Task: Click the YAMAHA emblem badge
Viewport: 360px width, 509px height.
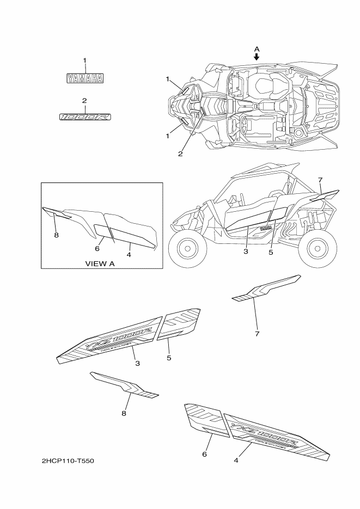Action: [x=85, y=78]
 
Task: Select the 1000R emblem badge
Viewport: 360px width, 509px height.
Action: [x=84, y=116]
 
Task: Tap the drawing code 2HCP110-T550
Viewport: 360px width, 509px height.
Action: [x=68, y=461]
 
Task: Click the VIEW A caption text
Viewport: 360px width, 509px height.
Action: [x=100, y=263]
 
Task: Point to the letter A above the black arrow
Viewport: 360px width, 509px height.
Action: [x=257, y=49]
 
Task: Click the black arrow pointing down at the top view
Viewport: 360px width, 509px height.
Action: [x=257, y=57]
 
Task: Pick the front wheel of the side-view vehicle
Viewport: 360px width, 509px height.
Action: [x=188, y=248]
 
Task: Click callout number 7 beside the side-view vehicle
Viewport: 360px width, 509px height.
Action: [x=320, y=180]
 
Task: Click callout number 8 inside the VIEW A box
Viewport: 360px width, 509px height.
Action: [x=56, y=235]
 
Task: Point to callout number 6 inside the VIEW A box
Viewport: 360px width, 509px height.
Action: [x=97, y=248]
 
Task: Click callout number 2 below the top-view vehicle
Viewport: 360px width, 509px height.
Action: [x=180, y=154]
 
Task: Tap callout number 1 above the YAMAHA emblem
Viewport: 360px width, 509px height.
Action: [x=84, y=60]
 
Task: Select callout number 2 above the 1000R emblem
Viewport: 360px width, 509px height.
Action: [x=84, y=101]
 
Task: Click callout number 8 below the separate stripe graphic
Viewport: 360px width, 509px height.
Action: [x=124, y=414]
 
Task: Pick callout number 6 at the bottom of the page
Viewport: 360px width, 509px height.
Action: [x=205, y=453]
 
